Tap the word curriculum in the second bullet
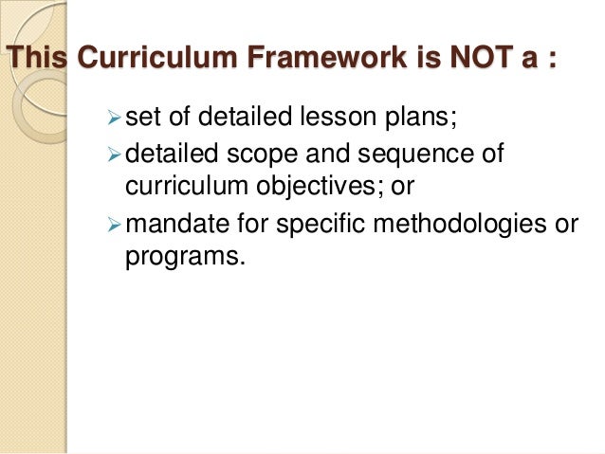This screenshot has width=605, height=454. [179, 188]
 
